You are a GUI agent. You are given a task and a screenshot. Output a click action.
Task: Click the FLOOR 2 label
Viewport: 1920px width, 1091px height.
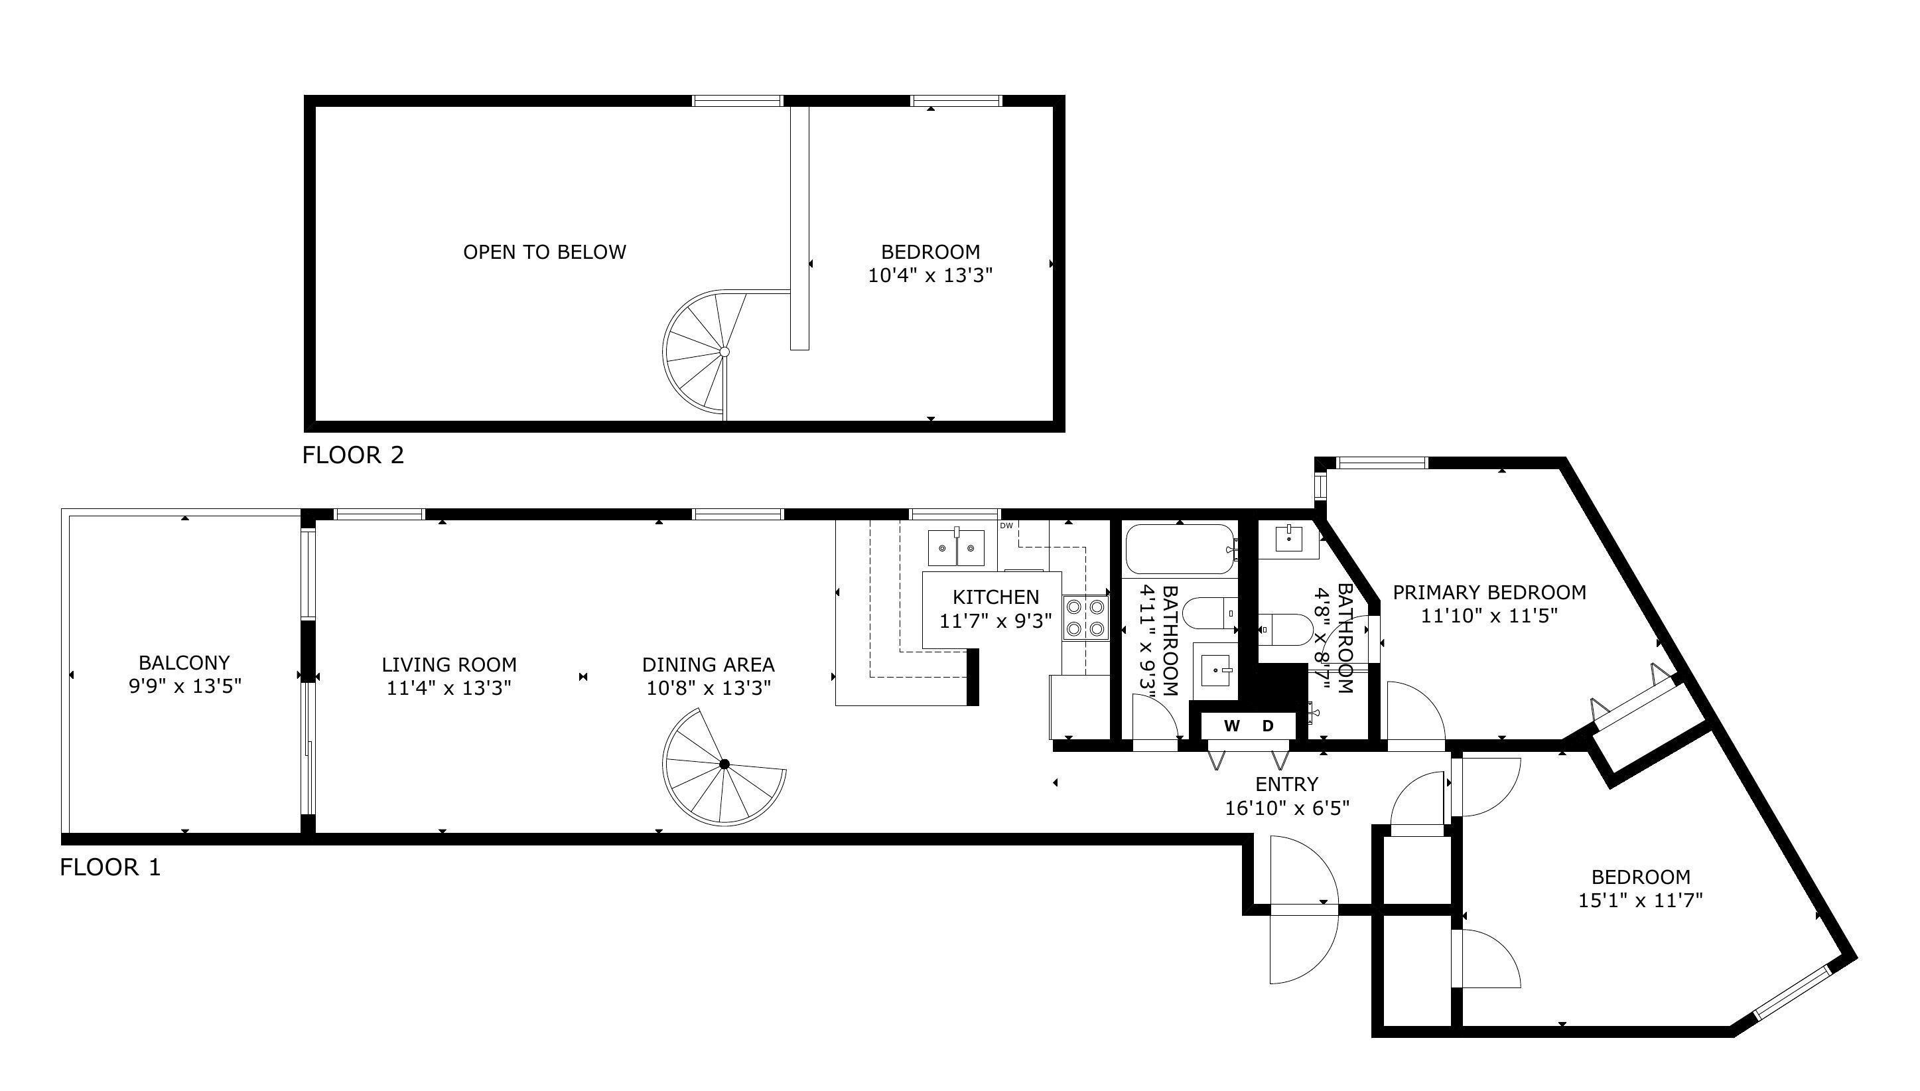(x=353, y=455)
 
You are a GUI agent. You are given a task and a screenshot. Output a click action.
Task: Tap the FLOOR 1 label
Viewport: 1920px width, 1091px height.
(x=110, y=868)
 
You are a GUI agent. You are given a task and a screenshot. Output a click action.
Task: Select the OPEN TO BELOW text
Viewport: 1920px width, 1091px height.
(x=545, y=252)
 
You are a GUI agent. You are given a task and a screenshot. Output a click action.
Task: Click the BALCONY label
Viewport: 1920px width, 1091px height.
(x=184, y=662)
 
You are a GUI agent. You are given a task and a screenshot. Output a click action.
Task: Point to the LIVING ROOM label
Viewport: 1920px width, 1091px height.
(x=448, y=665)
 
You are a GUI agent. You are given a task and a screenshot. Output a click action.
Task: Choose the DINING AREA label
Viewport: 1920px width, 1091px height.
(x=708, y=665)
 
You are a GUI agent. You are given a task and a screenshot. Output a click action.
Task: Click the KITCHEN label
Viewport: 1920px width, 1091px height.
(x=996, y=597)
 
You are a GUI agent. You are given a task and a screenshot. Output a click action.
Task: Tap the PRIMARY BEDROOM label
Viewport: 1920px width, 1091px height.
(x=1489, y=593)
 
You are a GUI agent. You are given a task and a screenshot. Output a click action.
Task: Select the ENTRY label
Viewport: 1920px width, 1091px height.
(x=1286, y=784)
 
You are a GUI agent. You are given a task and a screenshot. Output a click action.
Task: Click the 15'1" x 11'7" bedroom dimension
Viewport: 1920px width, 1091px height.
(x=1641, y=900)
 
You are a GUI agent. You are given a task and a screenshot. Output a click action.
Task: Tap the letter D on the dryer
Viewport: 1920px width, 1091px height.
(x=1269, y=725)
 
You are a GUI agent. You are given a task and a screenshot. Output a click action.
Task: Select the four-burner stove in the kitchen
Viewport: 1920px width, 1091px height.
(x=1085, y=617)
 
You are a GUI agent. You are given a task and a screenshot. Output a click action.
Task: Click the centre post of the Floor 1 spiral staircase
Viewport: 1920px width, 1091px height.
(x=724, y=764)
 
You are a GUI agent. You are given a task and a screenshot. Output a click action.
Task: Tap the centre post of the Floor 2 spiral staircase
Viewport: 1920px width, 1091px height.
(x=724, y=352)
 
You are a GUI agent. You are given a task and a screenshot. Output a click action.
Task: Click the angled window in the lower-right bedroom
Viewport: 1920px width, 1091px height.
(x=1793, y=991)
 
